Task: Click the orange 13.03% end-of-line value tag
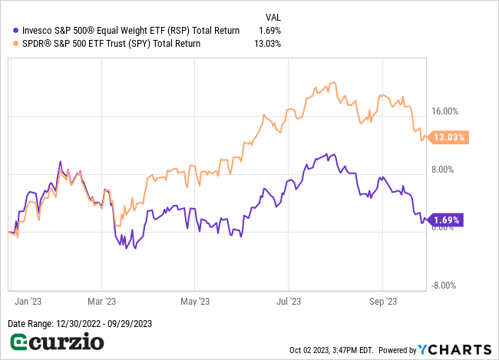tap(449, 137)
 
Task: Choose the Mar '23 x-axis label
tap(101, 301)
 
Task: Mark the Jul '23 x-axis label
tap(288, 301)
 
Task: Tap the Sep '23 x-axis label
tap(382, 301)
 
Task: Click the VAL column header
tap(273, 16)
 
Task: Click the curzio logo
tap(55, 341)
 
